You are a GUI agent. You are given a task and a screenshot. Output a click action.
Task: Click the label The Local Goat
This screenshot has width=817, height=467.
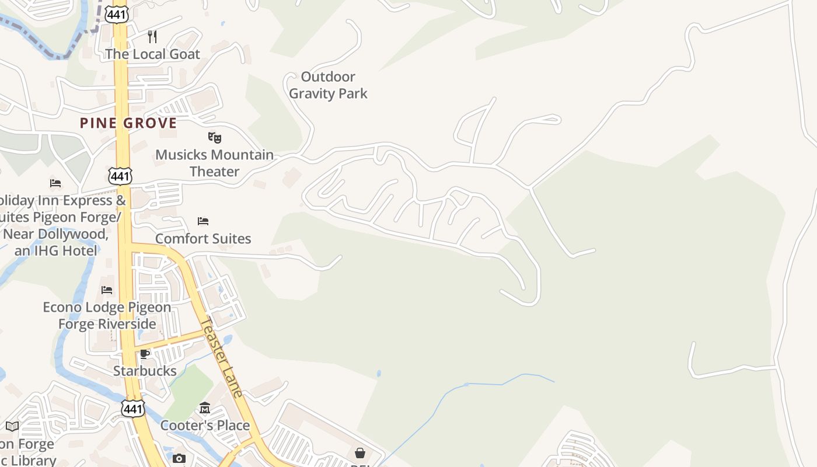[x=152, y=54]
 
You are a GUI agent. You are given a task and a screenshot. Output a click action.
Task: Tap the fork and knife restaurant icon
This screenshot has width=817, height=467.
[x=152, y=37]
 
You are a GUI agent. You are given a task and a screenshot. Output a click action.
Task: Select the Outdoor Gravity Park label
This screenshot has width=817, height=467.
[x=328, y=85]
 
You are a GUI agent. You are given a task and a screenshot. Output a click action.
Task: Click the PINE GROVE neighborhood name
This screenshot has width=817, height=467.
[x=128, y=123]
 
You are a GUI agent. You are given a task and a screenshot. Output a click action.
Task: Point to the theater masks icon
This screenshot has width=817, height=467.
[x=215, y=138]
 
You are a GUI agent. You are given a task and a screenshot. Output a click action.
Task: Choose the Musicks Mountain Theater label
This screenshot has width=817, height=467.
[x=215, y=163]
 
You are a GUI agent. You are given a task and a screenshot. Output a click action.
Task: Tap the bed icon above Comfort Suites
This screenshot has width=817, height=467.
[x=203, y=221]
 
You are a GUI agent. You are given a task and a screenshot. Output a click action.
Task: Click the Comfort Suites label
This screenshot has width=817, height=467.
[x=203, y=239]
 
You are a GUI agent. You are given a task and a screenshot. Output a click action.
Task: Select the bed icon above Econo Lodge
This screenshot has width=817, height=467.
[x=107, y=290]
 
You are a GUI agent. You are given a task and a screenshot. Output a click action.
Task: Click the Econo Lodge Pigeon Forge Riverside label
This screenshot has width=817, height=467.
[x=107, y=315]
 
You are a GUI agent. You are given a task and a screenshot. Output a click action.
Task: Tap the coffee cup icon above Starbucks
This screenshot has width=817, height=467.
[x=145, y=354]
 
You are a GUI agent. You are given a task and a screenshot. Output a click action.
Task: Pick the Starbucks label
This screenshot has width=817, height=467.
[x=145, y=371]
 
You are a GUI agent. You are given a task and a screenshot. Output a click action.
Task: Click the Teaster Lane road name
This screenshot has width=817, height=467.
[x=221, y=357]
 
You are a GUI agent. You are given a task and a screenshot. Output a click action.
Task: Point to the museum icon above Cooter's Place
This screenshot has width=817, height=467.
[x=205, y=407]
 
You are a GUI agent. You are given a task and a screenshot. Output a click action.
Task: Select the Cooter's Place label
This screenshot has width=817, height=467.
[x=205, y=426]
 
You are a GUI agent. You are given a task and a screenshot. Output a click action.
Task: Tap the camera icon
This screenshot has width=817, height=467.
[x=179, y=458]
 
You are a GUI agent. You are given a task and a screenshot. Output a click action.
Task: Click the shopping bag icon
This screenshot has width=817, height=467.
[x=360, y=453]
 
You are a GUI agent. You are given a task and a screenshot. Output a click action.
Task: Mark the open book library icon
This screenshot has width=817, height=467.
[x=12, y=427]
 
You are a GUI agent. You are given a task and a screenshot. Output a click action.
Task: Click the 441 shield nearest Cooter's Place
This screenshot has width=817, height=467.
[x=133, y=408]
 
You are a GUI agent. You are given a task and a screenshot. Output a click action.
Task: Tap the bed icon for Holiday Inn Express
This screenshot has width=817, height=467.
[x=55, y=183]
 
